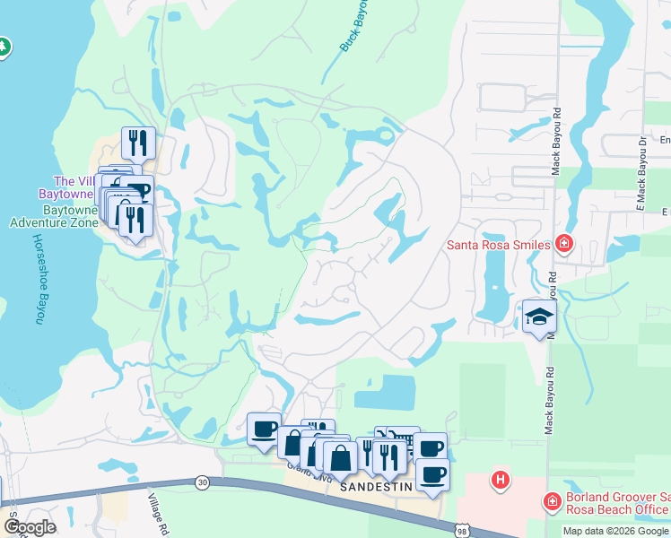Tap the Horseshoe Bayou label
(39, 280)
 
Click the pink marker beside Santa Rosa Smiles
(563, 243)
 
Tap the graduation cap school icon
(540, 317)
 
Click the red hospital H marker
(501, 481)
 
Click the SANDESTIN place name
(376, 486)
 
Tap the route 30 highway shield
(200, 483)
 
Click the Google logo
(30, 527)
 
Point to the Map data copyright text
(615, 531)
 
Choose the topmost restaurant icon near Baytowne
(138, 142)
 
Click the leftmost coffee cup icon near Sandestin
(264, 428)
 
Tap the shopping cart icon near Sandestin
(404, 438)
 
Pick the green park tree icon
(3, 47)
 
